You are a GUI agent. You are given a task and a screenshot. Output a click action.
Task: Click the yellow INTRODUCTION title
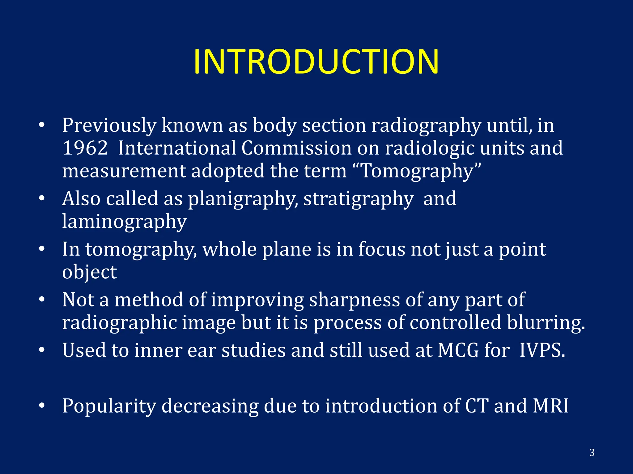[x=316, y=62]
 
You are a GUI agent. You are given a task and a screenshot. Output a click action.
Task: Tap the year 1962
[x=85, y=148]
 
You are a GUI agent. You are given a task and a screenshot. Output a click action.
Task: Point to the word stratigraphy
[x=358, y=199]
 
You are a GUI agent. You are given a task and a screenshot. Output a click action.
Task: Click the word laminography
[x=124, y=222]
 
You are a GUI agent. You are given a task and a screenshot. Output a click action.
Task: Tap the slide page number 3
[x=592, y=452]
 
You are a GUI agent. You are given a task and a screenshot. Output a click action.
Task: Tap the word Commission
[x=296, y=148]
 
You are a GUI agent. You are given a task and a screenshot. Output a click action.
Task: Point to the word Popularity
[x=109, y=406]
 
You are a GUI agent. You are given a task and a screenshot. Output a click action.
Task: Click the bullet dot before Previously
[x=42, y=126]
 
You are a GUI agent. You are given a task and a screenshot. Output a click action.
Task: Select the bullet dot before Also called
[x=42, y=199]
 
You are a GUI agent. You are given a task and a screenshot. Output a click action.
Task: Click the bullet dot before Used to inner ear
[x=42, y=351]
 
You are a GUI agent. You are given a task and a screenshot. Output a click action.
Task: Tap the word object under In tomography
[x=89, y=272]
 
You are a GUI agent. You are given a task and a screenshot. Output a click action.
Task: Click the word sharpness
[x=355, y=300]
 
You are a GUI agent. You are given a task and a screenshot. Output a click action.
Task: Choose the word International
[x=177, y=148]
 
